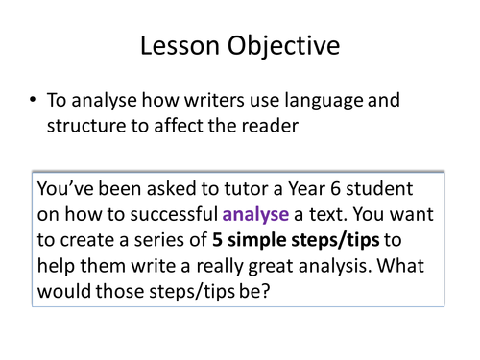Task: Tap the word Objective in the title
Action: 285,45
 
